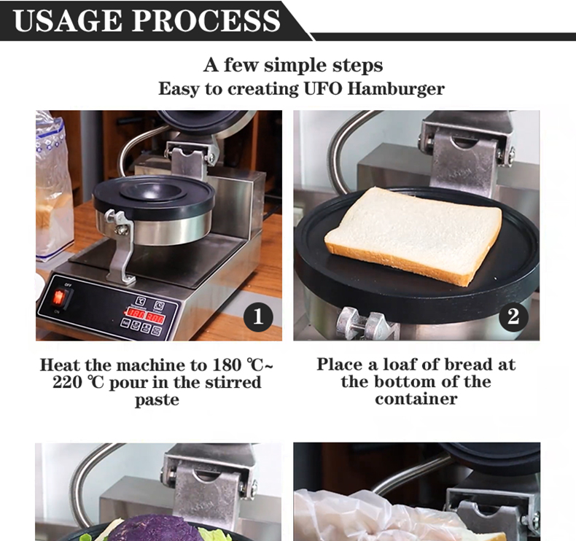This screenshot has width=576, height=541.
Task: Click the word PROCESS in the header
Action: tap(206, 20)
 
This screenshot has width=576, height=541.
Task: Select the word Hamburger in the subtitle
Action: tap(396, 89)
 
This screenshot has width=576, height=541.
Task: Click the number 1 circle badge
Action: tap(258, 317)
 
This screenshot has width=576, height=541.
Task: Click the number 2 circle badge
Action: tap(513, 316)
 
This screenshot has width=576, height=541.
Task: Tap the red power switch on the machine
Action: tap(60, 297)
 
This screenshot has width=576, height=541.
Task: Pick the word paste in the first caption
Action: tap(157, 400)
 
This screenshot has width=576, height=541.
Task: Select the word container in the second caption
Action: tap(416, 399)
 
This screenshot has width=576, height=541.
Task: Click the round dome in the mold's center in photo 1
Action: tap(152, 191)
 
